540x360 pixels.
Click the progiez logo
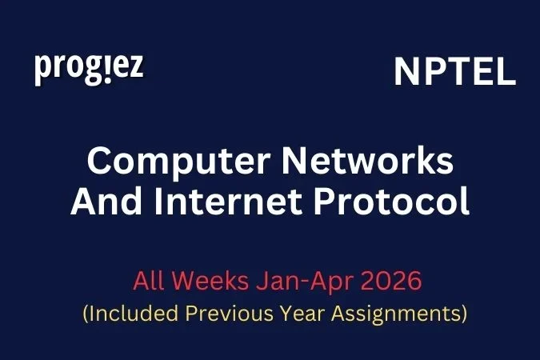tap(89, 68)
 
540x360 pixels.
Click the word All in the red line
tap(150, 282)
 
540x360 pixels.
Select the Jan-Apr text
tap(300, 282)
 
